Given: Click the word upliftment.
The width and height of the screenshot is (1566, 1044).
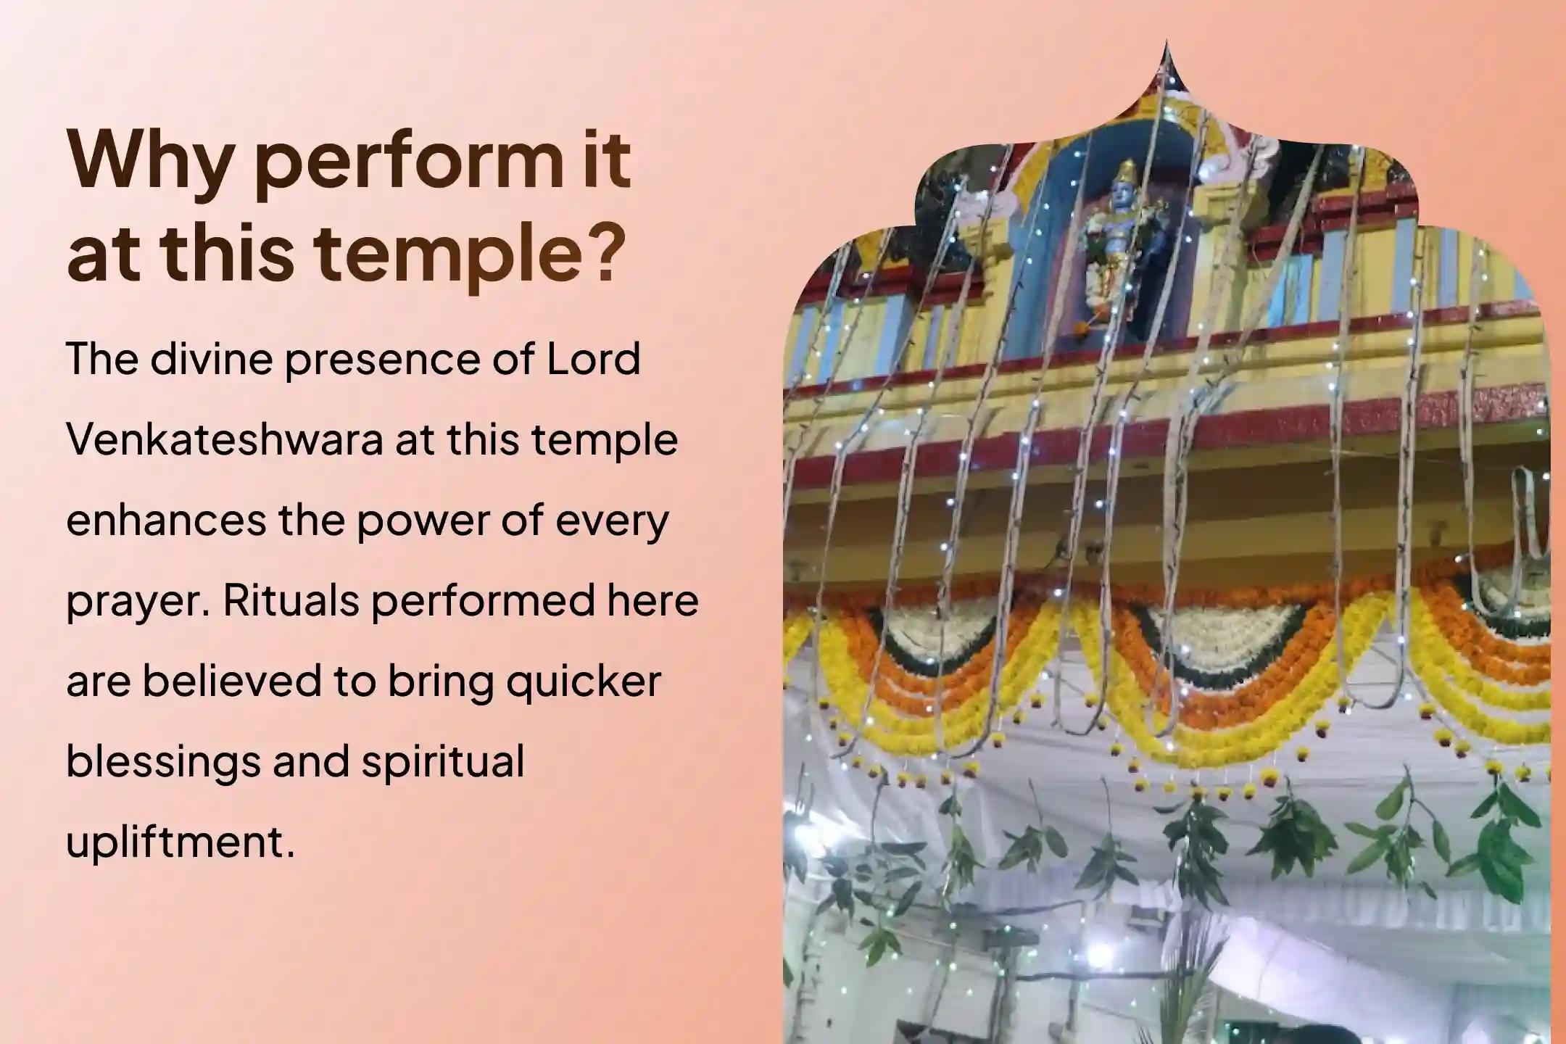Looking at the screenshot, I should (181, 842).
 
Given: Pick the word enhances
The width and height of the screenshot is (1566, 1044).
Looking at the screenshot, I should (165, 520).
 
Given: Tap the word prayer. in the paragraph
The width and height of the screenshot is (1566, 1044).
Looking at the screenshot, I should (138, 600).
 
